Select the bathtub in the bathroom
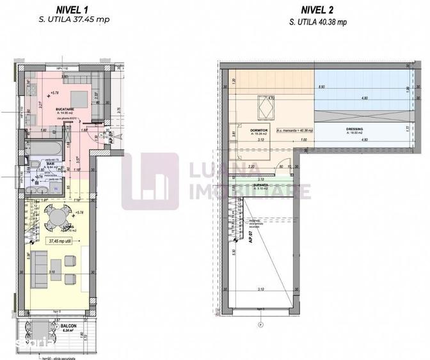point(42,148)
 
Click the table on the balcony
point(31,333)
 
